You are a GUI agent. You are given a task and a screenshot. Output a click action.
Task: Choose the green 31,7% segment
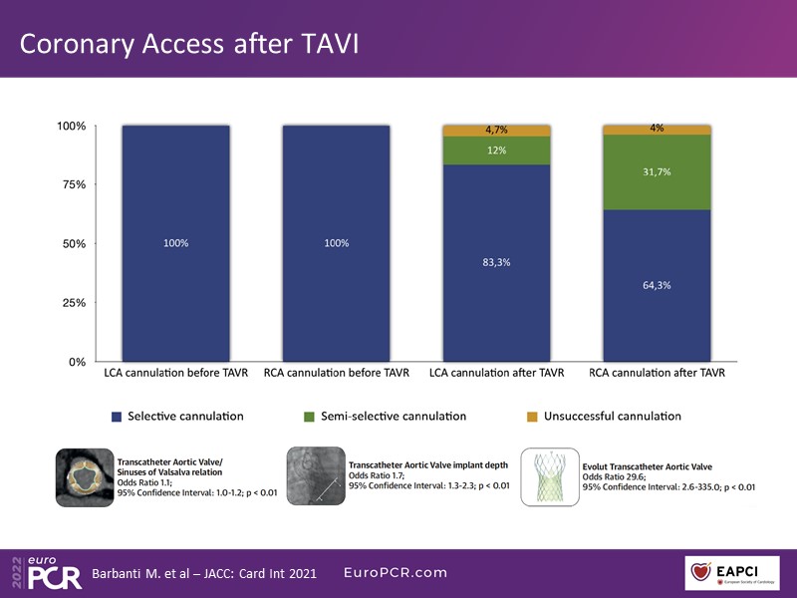point(657,172)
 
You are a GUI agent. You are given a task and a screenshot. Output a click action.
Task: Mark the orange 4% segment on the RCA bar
point(657,130)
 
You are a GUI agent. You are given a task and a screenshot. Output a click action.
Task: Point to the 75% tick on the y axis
point(73,185)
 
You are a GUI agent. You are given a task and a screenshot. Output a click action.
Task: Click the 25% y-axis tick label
point(73,303)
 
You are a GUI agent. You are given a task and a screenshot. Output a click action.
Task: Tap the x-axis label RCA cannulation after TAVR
point(657,375)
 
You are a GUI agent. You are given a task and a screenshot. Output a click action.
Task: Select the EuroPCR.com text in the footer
point(396,573)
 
